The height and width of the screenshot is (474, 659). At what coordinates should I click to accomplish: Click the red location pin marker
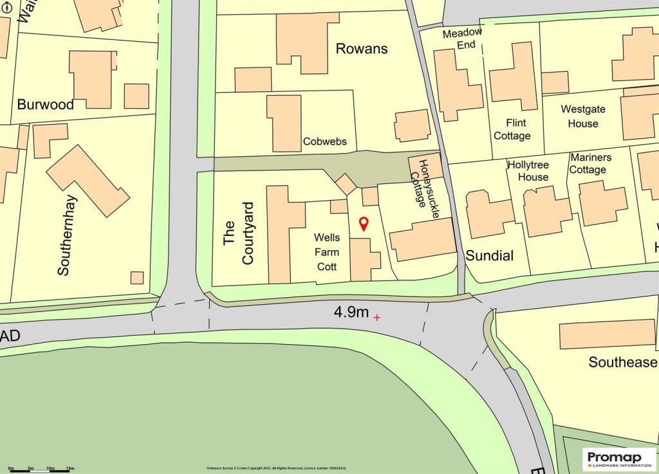(x=363, y=223)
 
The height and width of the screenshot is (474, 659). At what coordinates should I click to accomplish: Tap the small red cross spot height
(x=376, y=317)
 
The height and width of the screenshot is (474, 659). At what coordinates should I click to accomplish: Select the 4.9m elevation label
(x=351, y=313)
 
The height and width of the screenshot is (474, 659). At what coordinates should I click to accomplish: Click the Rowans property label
(x=361, y=48)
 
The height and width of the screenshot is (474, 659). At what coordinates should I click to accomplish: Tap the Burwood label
(x=45, y=104)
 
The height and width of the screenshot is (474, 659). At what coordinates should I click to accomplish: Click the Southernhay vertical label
(x=63, y=235)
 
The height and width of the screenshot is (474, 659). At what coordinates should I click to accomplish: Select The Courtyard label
(x=239, y=233)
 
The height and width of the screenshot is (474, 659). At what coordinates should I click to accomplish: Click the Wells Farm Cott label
(x=326, y=252)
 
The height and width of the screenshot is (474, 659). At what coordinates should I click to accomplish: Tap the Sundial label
(x=489, y=256)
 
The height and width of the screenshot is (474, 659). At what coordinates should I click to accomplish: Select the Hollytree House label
(x=528, y=170)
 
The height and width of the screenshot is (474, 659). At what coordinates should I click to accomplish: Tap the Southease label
(x=622, y=362)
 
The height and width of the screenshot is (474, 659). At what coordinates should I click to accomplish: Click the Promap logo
(x=619, y=459)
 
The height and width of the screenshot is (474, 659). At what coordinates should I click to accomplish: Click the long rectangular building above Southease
(x=607, y=334)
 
